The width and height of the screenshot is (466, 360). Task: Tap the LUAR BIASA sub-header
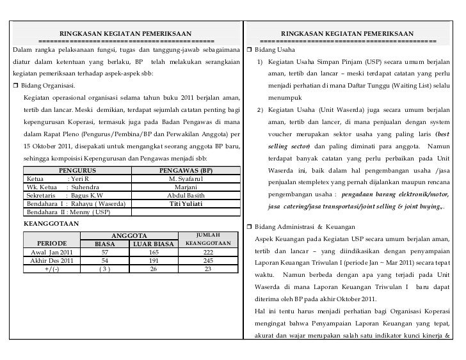pos(153,244)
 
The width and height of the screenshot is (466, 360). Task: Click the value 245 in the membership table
pos(207,261)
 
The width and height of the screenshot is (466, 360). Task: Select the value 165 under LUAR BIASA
pos(153,253)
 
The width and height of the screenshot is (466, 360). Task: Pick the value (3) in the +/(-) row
pos(104,269)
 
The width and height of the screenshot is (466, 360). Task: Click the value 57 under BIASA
pos(104,253)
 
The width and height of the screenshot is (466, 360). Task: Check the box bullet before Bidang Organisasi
pos(16,86)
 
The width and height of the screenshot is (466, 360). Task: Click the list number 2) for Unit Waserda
pos(260,111)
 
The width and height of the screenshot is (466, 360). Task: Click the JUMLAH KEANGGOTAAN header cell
pos(207,239)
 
